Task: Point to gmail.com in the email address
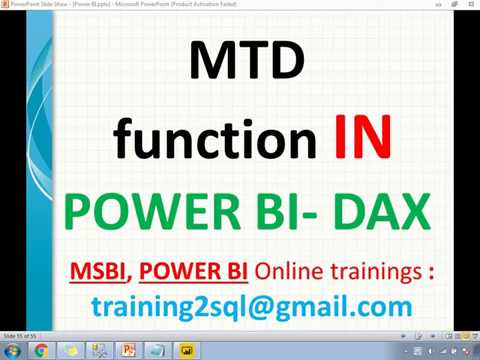coord(349,306)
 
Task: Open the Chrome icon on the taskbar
coord(41,350)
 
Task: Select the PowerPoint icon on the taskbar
coord(128,350)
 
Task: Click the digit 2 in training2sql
coord(196,304)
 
